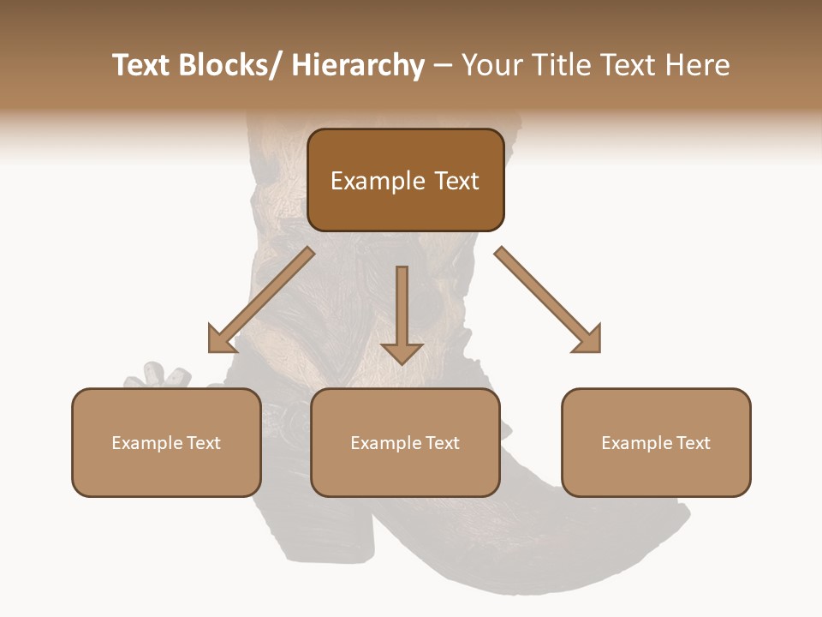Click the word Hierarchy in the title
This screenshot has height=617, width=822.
[x=358, y=66]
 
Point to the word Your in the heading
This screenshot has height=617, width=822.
[x=491, y=66]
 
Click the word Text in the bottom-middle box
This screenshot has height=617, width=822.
[x=441, y=443]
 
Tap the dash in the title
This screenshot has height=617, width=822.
[x=443, y=66]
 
